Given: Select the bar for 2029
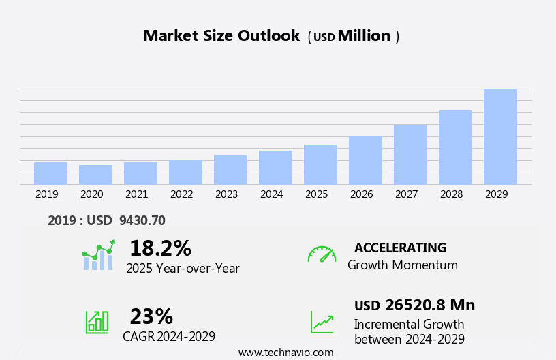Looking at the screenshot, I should click(x=500, y=136).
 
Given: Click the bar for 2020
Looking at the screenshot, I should click(x=95, y=175).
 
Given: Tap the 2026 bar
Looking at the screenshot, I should click(x=365, y=160).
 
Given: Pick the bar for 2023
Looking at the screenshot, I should click(x=230, y=170).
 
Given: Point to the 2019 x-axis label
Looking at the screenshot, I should click(x=46, y=194).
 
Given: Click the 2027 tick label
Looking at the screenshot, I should click(x=406, y=194).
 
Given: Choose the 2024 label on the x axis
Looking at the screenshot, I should click(x=271, y=194).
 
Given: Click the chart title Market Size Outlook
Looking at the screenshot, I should click(x=221, y=36).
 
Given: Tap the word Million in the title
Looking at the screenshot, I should click(x=364, y=36).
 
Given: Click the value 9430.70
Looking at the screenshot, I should click(x=142, y=220).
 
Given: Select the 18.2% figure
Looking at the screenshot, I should click(x=160, y=248).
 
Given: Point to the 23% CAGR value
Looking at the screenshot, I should click(x=151, y=316).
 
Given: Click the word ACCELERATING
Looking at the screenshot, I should click(x=400, y=247).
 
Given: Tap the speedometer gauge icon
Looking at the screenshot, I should click(x=322, y=254).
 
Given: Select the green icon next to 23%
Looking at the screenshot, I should click(x=97, y=321).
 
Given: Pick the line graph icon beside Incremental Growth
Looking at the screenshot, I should click(x=322, y=322).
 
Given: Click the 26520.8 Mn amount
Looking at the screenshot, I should click(x=429, y=305).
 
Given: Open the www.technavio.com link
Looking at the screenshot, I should click(x=285, y=352).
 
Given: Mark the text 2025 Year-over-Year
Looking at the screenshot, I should click(x=183, y=269).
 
